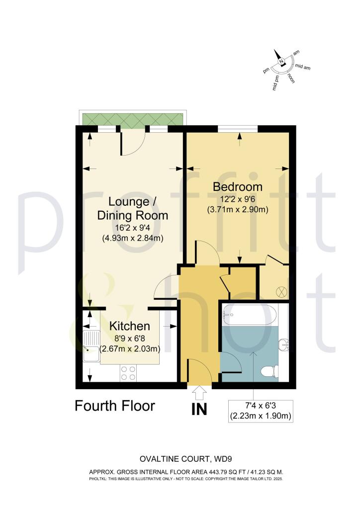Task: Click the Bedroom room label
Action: click(x=237, y=187)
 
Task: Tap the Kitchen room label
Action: click(x=129, y=326)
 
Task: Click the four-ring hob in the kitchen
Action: click(x=128, y=373)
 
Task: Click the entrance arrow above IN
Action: click(x=200, y=394)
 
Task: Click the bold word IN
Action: click(x=200, y=410)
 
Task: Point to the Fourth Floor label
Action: click(x=115, y=406)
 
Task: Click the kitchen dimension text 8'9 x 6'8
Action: click(x=129, y=339)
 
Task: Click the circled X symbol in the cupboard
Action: click(x=278, y=291)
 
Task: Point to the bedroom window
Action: click(x=238, y=129)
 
